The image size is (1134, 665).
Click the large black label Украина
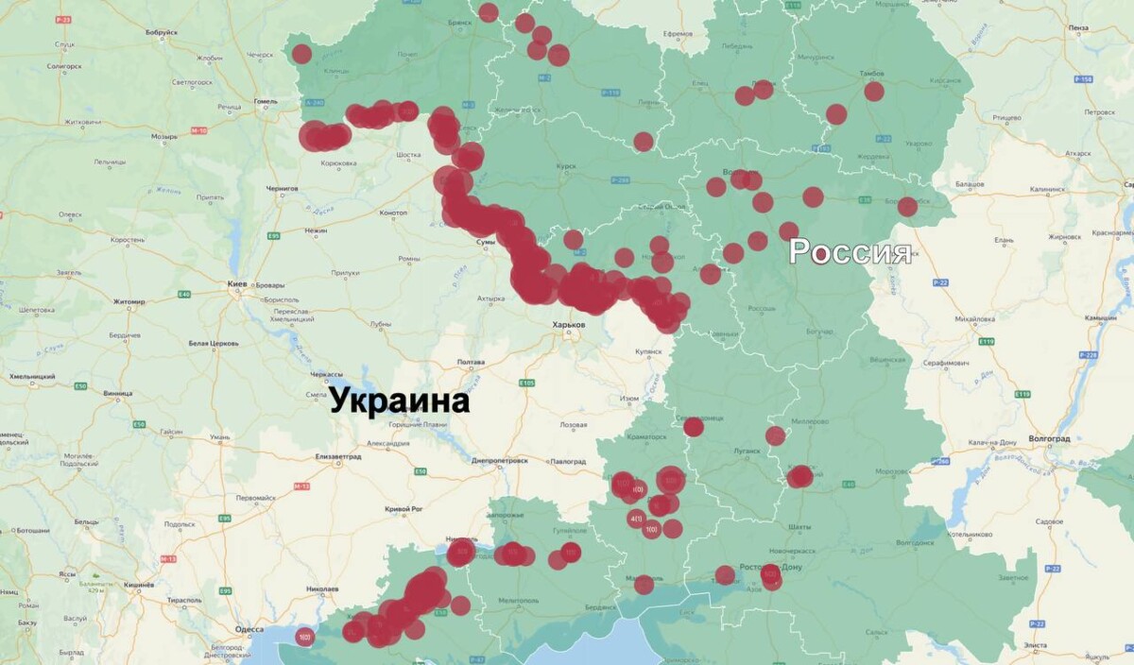(x=400, y=401)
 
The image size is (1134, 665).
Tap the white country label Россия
(x=850, y=252)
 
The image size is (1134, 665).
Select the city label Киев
(x=238, y=283)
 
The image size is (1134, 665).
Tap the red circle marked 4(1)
(x=636, y=519)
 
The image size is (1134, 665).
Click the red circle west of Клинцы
(x=301, y=54)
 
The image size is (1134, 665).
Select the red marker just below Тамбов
(x=873, y=92)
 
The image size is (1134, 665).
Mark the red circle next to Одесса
(x=304, y=638)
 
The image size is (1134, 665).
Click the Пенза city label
(x=1078, y=29)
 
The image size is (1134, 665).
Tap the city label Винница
(x=119, y=392)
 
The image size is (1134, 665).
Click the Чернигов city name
(x=282, y=188)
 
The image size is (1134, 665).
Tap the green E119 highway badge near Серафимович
(x=1022, y=393)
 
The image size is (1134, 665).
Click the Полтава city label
(x=471, y=362)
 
